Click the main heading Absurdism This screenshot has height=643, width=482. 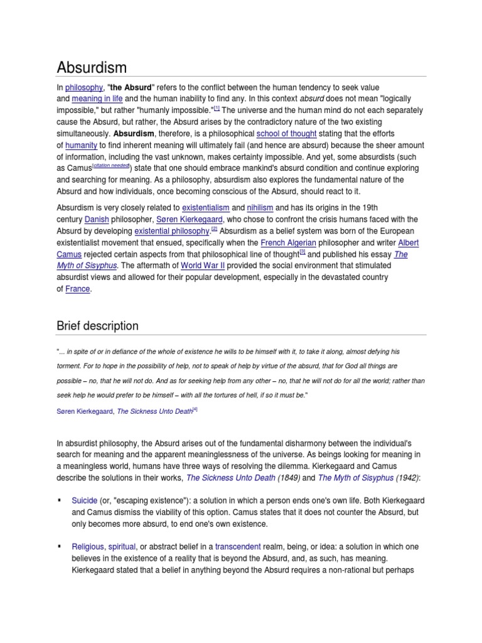click(92, 67)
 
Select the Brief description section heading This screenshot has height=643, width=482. click(97, 326)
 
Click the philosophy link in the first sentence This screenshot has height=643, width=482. click(83, 88)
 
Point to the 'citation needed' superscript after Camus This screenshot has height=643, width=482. click(110, 167)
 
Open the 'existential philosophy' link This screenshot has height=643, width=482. click(172, 230)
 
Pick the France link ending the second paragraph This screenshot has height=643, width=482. click(77, 289)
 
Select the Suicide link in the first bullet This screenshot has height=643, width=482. click(85, 500)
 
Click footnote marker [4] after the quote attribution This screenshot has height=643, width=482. click(195, 409)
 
